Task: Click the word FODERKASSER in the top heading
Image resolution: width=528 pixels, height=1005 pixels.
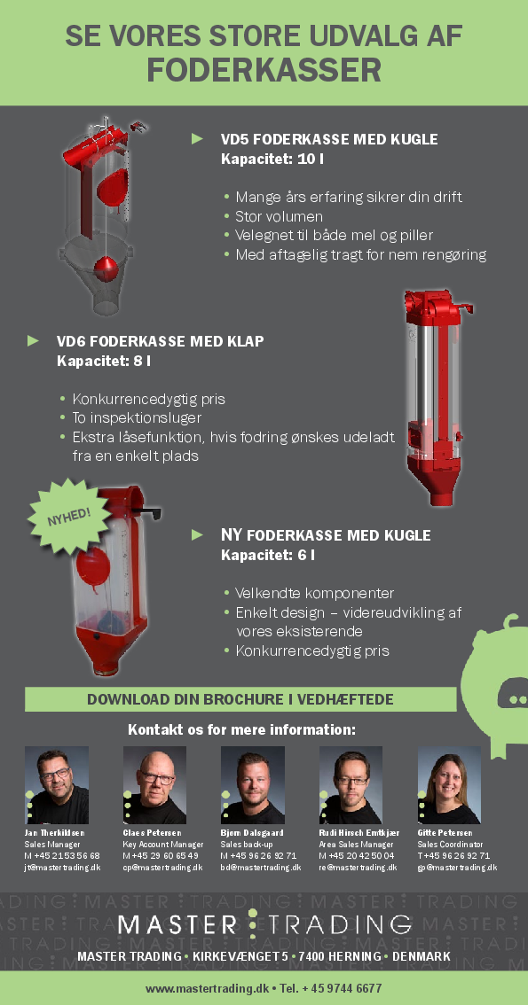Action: coord(264,70)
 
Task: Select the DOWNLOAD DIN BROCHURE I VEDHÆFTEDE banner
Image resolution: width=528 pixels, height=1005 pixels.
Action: coord(240,699)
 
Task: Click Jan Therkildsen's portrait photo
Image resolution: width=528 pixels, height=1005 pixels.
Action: coord(57,785)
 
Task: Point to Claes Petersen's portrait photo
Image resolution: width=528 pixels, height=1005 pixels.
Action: coord(154,785)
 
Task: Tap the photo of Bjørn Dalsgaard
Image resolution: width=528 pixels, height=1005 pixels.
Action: coord(253,785)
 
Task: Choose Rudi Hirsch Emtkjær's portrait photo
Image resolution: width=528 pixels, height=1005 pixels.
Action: coord(351,785)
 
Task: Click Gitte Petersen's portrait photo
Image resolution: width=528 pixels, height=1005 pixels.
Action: coord(449,785)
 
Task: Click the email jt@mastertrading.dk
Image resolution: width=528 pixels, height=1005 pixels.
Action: coord(62,868)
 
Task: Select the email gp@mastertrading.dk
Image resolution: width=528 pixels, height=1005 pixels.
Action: coord(457,868)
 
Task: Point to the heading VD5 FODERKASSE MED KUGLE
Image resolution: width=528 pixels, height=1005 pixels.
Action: coord(329,139)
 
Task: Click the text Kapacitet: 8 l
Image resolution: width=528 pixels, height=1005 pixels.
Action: coord(104,361)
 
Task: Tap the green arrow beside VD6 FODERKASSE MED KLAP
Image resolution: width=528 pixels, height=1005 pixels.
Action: coord(34,340)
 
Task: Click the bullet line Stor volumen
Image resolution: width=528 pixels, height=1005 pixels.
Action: coord(279,216)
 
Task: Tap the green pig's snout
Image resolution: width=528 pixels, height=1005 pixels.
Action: coord(513,693)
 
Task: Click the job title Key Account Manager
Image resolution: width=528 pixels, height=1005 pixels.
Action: coord(163,845)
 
